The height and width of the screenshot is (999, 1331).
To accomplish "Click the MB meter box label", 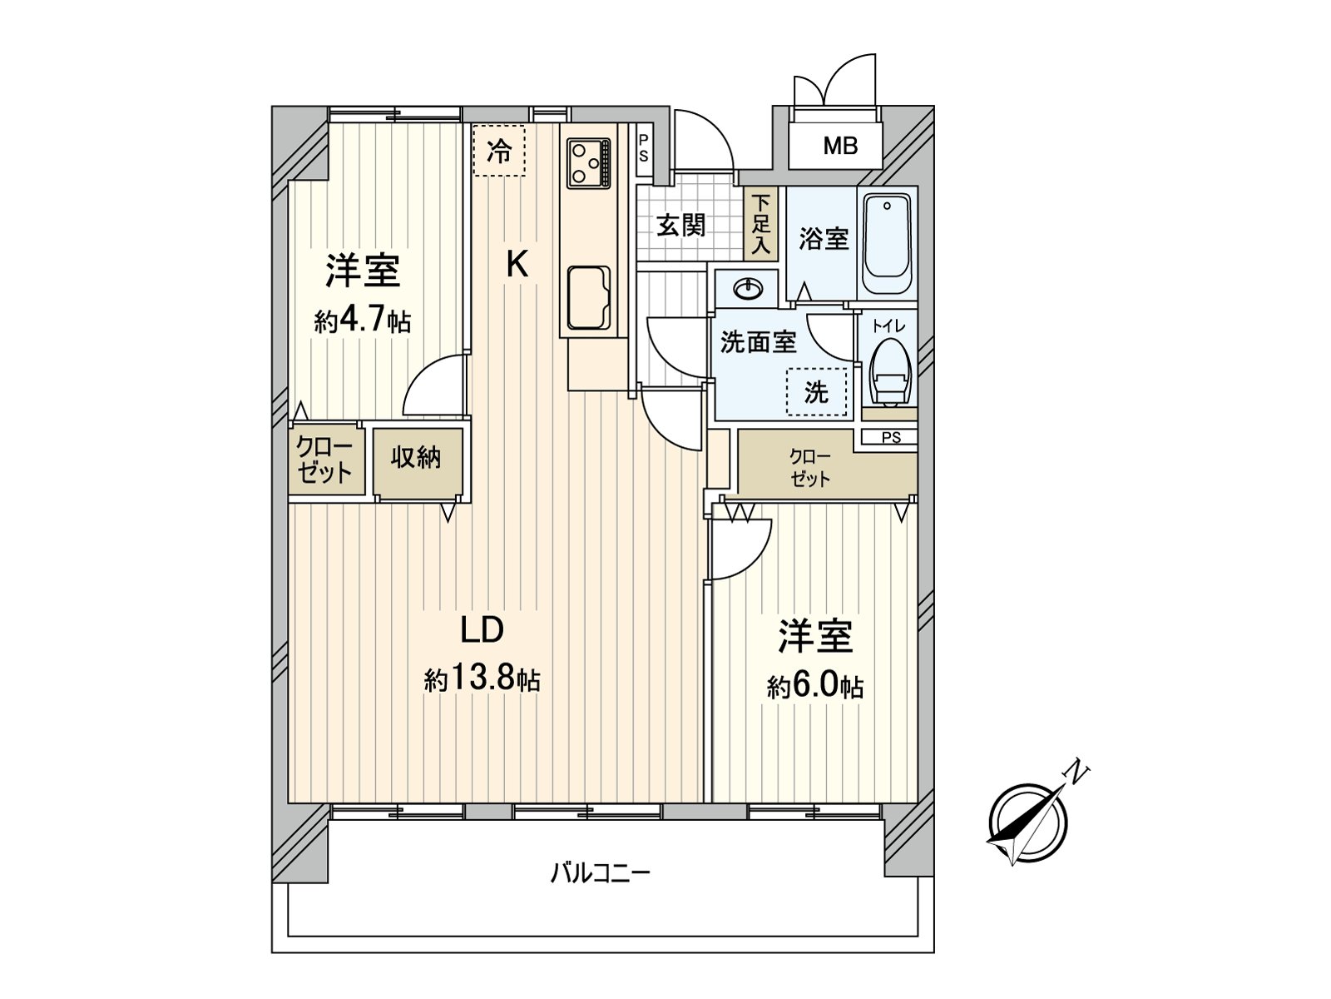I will [x=839, y=147].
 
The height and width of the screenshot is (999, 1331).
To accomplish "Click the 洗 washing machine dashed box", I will [x=816, y=392].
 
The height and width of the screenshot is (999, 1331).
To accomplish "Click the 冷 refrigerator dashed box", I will [x=499, y=151].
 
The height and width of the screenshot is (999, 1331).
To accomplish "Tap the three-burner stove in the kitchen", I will [x=588, y=162].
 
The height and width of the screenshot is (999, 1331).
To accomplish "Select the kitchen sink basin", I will [x=588, y=297].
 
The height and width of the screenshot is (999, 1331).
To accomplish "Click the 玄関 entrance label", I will [x=681, y=225].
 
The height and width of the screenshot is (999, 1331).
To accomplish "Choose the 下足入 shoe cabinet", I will [x=761, y=224].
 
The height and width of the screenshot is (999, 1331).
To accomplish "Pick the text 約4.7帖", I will [x=362, y=321].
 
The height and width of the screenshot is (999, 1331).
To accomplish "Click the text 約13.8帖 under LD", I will [x=482, y=679].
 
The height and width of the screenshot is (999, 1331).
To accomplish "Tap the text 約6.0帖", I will [x=814, y=687].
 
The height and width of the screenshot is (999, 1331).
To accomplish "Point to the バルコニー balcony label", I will [x=600, y=873].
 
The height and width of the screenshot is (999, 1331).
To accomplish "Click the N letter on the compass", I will [x=1077, y=772].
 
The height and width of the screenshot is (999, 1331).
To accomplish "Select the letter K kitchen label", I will [x=517, y=265].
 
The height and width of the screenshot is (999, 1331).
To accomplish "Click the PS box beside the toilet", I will [x=890, y=437].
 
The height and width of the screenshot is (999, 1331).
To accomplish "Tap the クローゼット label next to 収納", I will [x=325, y=460].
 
